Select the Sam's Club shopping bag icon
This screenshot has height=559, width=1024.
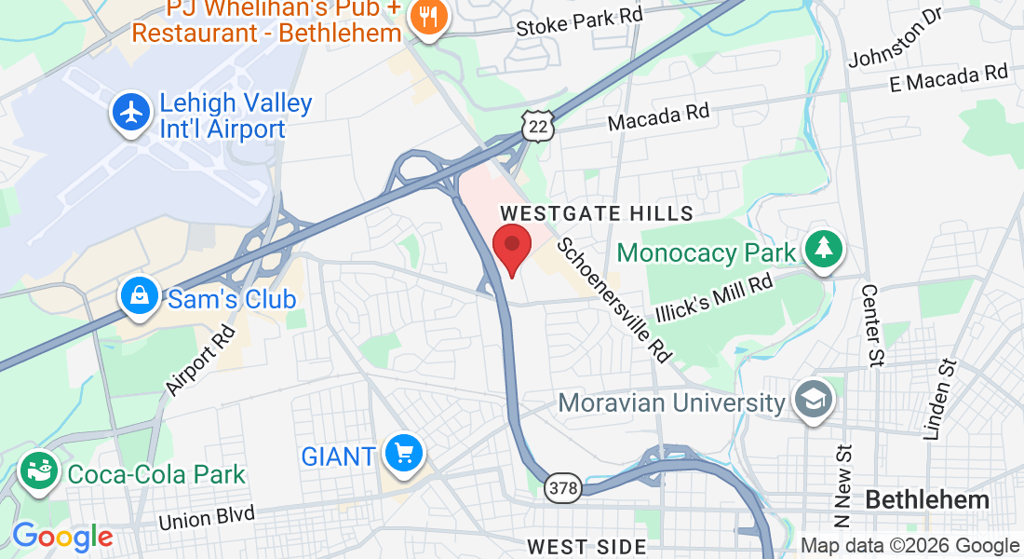(139, 298)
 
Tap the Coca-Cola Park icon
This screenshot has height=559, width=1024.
(39, 472)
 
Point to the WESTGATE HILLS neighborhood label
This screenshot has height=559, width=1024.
(597, 213)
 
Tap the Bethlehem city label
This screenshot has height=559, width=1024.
(927, 499)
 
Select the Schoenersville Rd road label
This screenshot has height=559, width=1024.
(614, 299)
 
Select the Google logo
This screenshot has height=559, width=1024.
(62, 537)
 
